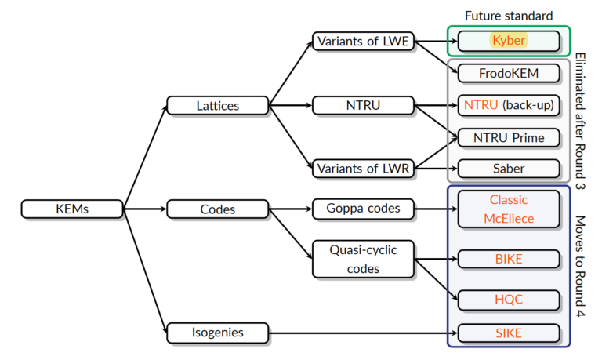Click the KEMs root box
(71, 209)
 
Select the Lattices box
(217, 104)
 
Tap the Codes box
(217, 209)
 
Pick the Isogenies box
(217, 333)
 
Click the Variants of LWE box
(363, 41)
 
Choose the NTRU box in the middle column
(363, 104)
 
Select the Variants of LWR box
(363, 168)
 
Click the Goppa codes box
(363, 209)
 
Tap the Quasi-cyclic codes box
(363, 258)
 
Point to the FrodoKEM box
(509, 73)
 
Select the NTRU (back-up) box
(509, 104)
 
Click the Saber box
(509, 168)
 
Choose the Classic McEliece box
(509, 209)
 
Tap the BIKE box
(509, 258)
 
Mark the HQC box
(509, 300)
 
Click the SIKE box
(509, 333)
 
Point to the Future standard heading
(509, 15)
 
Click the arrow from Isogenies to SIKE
(361, 333)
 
